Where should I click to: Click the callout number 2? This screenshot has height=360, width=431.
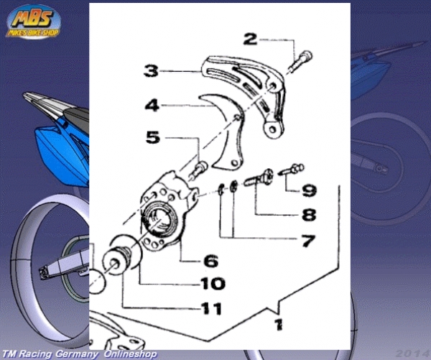[x=250, y=39]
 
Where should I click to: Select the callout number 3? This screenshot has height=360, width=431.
[x=151, y=70]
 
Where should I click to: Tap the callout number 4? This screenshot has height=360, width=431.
[x=152, y=105]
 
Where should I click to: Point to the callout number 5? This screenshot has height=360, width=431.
[x=153, y=137]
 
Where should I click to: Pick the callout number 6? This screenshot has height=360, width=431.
[x=211, y=261]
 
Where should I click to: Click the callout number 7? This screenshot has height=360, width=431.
[x=308, y=241]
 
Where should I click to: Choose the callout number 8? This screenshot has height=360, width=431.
[x=309, y=215]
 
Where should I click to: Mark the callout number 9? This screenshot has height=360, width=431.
[x=309, y=190]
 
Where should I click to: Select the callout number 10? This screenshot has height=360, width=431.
[x=213, y=284]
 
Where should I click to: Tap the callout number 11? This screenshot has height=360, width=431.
[x=211, y=308]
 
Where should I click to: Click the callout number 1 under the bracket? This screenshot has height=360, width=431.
[x=279, y=325]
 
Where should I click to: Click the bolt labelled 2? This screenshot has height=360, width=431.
[x=300, y=62]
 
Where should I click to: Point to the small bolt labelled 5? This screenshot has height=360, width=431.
[x=199, y=170]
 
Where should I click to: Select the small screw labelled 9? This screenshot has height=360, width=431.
[x=292, y=169]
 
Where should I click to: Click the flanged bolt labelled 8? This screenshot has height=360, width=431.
[x=259, y=177]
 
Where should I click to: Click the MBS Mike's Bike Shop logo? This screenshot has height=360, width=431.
[x=33, y=22]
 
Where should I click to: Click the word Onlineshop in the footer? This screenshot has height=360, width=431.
[x=130, y=354]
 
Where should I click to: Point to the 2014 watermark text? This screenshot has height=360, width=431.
[x=413, y=354]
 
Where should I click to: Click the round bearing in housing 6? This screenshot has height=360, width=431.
[x=159, y=218]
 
